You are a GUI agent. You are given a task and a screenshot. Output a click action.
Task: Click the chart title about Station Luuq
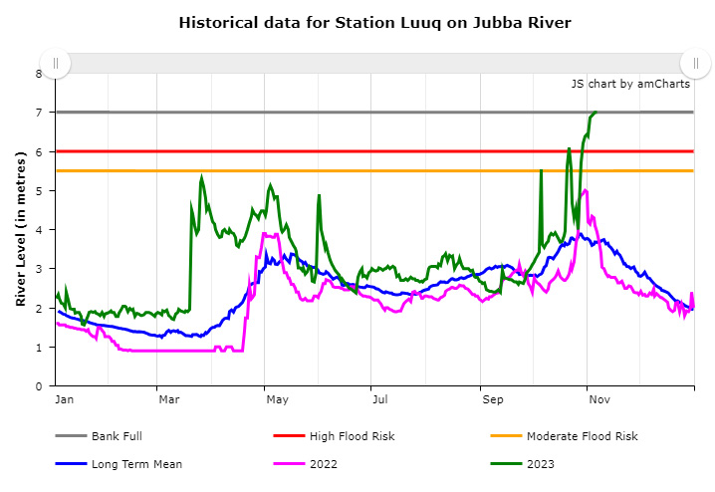[375, 22]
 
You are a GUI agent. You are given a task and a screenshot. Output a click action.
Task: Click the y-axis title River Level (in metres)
[20, 230]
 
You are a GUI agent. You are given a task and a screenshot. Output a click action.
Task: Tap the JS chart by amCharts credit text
[630, 84]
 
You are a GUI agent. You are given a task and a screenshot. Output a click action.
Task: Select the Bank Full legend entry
[123, 435]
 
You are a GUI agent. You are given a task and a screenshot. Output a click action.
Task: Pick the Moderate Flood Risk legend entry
[582, 435]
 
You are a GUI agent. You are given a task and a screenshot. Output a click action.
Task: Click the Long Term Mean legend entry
[137, 463]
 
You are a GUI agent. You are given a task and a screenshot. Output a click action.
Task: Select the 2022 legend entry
[325, 463]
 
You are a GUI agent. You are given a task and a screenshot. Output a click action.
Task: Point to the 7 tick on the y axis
[39, 113]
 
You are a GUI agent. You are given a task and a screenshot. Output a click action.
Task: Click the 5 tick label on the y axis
[39, 190]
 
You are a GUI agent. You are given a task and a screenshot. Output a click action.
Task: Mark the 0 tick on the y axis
[39, 385]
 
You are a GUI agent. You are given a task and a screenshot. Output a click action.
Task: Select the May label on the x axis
[277, 400]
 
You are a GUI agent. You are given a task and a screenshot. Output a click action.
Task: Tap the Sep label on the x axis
[493, 400]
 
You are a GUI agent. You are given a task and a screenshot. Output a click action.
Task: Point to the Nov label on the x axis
[599, 400]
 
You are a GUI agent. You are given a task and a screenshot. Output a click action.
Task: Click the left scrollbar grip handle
[56, 63]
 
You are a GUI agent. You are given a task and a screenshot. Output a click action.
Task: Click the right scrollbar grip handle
[695, 63]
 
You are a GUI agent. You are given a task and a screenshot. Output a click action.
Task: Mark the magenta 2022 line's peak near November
[586, 189]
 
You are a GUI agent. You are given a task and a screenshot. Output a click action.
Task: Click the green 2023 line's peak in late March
[201, 177]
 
